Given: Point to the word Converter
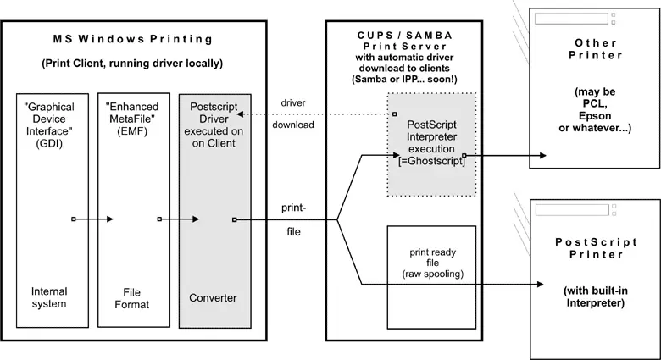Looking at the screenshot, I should pyautogui.click(x=213, y=297).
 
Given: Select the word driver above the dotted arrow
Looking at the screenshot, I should pyautogui.click(x=293, y=103).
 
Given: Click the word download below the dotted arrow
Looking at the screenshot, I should pyautogui.click(x=293, y=125).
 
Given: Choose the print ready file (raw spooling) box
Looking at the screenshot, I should pyautogui.click(x=430, y=263).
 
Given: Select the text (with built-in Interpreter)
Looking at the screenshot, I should pyautogui.click(x=593, y=296).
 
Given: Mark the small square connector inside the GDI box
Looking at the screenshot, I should pyautogui.click(x=75, y=219).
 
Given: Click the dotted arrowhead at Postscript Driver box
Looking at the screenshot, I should pyautogui.click(x=241, y=114).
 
